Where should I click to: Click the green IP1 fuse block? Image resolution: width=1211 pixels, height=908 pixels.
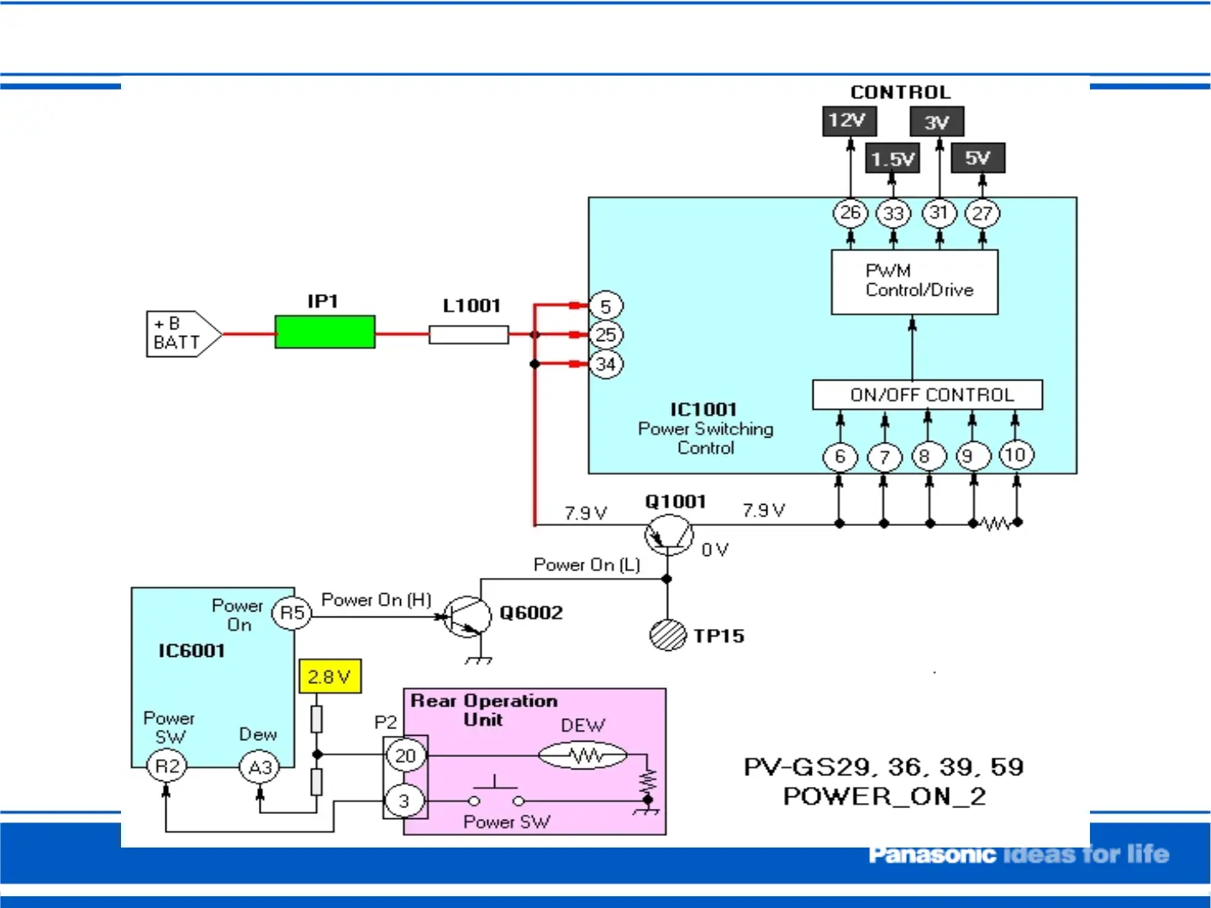(324, 332)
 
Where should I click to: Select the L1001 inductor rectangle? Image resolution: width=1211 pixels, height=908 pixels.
(468, 335)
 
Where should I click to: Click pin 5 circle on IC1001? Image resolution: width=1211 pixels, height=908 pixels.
(605, 306)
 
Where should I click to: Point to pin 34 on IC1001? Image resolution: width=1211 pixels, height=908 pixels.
(605, 365)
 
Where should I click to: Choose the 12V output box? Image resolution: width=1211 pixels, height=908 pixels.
(849, 120)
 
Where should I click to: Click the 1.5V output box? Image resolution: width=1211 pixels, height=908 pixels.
(892, 158)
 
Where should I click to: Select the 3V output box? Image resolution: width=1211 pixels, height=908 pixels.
(936, 122)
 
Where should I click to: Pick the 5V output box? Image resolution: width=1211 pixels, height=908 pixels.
(977, 158)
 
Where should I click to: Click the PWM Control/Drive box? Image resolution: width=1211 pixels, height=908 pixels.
(914, 281)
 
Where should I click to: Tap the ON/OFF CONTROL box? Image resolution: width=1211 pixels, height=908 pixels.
(927, 395)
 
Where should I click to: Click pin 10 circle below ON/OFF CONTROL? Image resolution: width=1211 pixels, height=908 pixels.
(1015, 455)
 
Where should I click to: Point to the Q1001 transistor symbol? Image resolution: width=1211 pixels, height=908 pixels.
(669, 534)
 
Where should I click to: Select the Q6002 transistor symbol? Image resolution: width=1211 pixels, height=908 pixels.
(466, 617)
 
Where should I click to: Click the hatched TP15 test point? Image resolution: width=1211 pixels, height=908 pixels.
(668, 634)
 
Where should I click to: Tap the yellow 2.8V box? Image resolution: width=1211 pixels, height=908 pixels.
(329, 676)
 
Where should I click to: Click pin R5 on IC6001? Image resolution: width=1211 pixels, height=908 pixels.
(292, 613)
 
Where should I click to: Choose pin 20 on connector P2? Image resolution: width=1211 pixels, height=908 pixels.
(405, 755)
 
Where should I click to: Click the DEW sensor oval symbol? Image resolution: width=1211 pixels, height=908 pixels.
(582, 756)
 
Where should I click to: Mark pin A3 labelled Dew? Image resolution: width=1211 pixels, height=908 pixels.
(260, 767)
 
